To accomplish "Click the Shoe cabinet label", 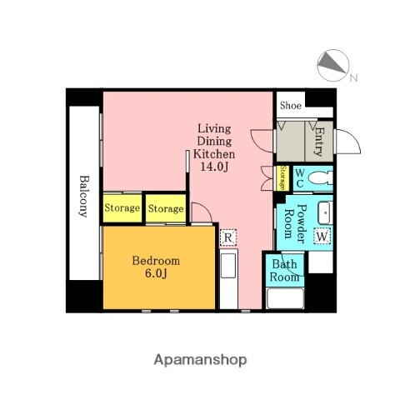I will click(291, 106).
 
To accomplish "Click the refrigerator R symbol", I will click(227, 237).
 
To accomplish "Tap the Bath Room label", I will click(283, 270).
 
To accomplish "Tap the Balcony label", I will click(84, 195).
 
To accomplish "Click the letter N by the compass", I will click(353, 78).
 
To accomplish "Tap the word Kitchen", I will click(214, 154).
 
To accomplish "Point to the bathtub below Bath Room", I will click(284, 298).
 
